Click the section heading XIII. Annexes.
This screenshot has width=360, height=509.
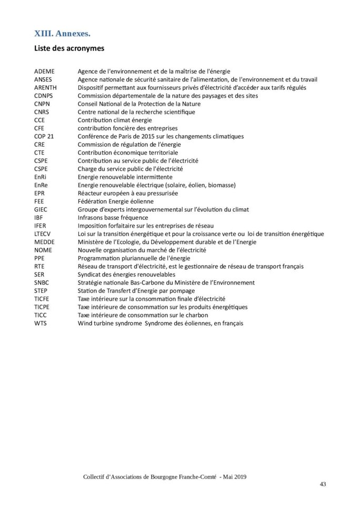(62, 34)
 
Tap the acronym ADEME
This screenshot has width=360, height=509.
(44, 71)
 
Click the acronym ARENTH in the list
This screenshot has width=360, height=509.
(45, 87)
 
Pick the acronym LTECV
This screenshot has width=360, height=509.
(43, 233)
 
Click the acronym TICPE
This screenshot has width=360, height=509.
(43, 307)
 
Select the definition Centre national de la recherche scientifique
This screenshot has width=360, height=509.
(136, 112)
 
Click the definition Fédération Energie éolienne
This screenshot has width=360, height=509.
(116, 201)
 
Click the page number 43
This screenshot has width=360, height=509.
(323, 484)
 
